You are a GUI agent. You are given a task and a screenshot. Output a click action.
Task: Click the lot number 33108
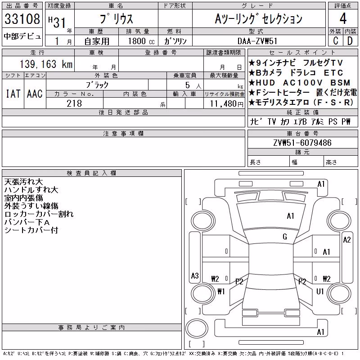point(22,18)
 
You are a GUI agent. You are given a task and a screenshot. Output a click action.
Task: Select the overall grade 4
point(343,18)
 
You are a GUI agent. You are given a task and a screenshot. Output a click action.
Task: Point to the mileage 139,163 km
point(46,64)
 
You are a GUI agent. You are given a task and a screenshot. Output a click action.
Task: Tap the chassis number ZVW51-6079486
point(302,143)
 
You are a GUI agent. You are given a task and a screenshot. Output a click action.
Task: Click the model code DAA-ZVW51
point(257,41)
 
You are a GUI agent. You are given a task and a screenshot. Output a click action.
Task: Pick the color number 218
point(74,103)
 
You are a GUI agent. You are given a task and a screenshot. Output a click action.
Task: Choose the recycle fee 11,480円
point(226,104)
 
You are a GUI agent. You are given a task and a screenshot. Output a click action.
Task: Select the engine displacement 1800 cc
point(141,41)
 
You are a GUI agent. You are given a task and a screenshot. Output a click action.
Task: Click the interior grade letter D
point(350,41)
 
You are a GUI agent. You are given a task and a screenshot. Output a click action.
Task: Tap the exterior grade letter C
point(336,41)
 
